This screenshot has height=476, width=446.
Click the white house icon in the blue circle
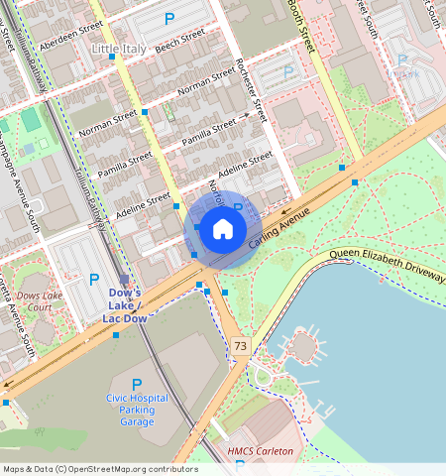point(223,229)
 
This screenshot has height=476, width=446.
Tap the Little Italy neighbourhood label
point(118,48)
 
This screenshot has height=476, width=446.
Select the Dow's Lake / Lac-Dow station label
point(126,304)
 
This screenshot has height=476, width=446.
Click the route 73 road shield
point(241,345)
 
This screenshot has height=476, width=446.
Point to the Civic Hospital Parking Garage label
point(138,410)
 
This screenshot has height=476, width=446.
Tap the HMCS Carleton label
point(261,452)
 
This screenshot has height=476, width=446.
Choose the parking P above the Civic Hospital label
point(137,384)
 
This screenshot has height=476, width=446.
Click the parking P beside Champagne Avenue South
point(94,280)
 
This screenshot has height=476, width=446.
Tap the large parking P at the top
point(168,18)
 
